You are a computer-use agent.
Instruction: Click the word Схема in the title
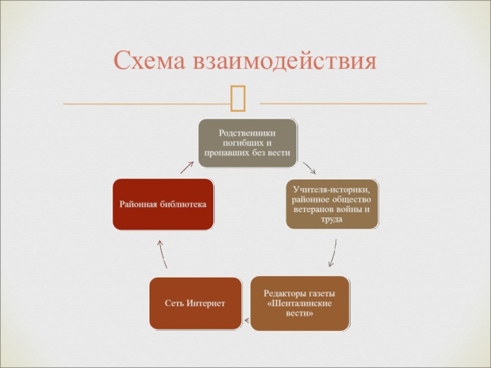pyautogui.click(x=150, y=61)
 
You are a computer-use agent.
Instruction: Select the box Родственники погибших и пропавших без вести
pyautogui.click(x=247, y=143)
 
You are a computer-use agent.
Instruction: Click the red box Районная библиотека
pyautogui.click(x=163, y=204)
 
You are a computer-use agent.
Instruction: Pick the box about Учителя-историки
pyautogui.click(x=332, y=204)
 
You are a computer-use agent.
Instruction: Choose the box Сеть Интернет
pyautogui.click(x=195, y=304)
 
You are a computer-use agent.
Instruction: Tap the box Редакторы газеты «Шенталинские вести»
pyautogui.click(x=300, y=304)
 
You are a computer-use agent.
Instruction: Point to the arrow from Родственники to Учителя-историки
pyautogui.click(x=309, y=167)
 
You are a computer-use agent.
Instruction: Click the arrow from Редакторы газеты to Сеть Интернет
pyautogui.click(x=246, y=320)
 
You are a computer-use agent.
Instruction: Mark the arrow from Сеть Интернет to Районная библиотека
pyautogui.click(x=162, y=253)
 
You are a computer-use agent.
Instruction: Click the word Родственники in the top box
pyautogui.click(x=247, y=132)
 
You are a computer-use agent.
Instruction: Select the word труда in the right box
pyautogui.click(x=332, y=220)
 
